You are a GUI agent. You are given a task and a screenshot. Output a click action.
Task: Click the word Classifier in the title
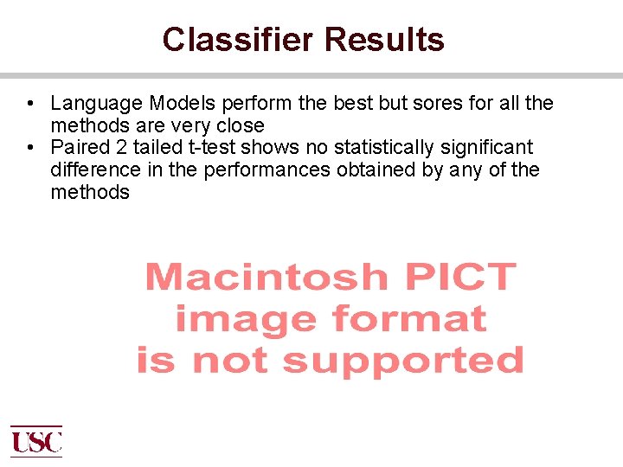238,40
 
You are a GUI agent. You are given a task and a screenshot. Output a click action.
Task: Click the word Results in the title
384,40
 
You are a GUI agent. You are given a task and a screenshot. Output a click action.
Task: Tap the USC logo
36,441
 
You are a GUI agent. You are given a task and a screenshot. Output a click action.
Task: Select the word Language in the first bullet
96,104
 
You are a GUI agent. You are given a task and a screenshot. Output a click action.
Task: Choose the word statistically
395,148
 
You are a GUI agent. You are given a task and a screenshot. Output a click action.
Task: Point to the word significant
495,148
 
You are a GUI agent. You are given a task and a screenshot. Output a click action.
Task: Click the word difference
96,170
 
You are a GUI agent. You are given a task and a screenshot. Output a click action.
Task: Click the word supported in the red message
403,361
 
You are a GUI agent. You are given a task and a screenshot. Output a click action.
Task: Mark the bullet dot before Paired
30,148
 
